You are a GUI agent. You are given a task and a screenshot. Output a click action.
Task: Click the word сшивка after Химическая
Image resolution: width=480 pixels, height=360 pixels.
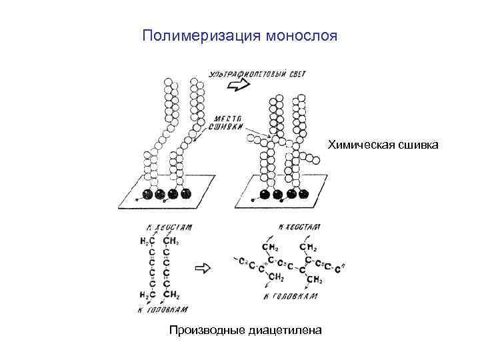(418, 144)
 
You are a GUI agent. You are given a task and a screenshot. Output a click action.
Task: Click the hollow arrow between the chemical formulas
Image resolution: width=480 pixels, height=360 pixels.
(203, 268)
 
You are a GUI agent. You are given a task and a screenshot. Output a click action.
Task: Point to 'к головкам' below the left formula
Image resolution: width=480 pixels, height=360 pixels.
(164, 309)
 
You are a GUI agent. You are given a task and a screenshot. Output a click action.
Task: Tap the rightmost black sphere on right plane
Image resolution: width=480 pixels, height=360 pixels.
(303, 194)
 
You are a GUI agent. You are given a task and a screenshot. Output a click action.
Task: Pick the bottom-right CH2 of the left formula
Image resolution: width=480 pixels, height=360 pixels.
(170, 294)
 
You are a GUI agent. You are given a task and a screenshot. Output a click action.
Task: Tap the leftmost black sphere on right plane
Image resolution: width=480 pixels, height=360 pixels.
(265, 194)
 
